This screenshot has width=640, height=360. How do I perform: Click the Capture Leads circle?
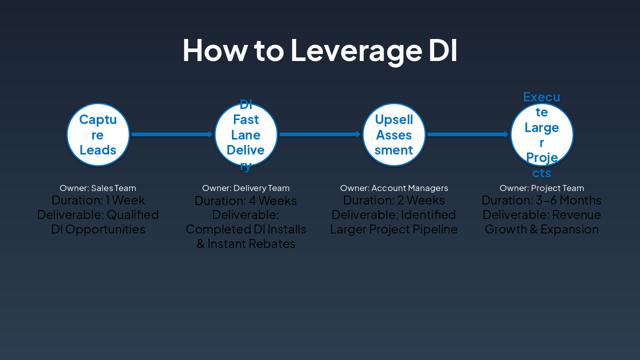point(98,134)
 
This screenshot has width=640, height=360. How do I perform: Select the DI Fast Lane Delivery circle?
point(246,134)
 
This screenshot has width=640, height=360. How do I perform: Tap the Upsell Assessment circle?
point(394,134)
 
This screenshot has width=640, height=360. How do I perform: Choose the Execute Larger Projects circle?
point(542,134)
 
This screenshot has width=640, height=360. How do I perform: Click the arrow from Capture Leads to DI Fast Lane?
point(172,134)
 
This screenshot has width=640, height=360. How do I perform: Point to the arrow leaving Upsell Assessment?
point(468,134)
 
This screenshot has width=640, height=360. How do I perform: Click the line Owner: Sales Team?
point(98,188)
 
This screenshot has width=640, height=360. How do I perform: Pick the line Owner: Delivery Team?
point(246,188)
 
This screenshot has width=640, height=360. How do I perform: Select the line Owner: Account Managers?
point(394,188)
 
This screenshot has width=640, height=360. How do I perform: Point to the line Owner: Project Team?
point(542,188)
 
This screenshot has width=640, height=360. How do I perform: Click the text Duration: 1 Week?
point(98,200)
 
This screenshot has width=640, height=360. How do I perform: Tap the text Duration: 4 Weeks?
point(246,201)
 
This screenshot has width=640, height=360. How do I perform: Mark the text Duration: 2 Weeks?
point(394,200)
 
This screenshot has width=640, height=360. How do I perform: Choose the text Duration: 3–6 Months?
point(541,200)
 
